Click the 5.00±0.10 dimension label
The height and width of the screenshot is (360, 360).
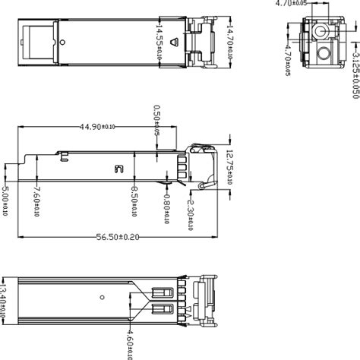[x=5, y=202]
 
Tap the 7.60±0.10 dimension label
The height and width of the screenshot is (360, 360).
[x=38, y=202]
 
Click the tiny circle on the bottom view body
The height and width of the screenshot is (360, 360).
[x=102, y=296]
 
